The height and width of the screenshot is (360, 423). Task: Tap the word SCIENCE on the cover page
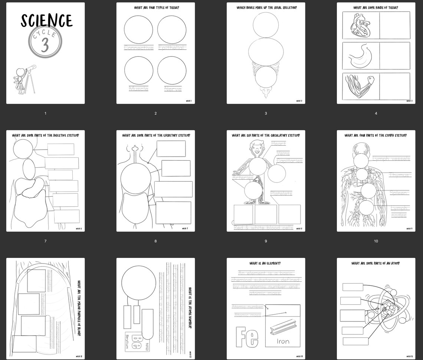(x=46, y=21)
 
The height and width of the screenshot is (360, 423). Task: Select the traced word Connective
(x=138, y=48)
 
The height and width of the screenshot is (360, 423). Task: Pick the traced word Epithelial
(x=172, y=48)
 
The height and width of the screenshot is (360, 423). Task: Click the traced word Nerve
(x=173, y=89)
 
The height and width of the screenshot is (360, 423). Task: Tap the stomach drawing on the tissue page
(x=359, y=56)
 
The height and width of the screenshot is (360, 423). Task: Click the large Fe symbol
(x=247, y=337)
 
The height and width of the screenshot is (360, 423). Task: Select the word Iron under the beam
(x=283, y=341)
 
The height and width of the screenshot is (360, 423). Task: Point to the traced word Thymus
(x=400, y=175)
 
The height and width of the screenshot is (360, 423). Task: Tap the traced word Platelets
(x=281, y=193)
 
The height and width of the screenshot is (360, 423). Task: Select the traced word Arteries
(x=242, y=178)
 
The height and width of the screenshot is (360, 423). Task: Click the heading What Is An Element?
(x=266, y=264)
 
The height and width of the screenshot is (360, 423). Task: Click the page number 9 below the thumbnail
(x=266, y=241)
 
